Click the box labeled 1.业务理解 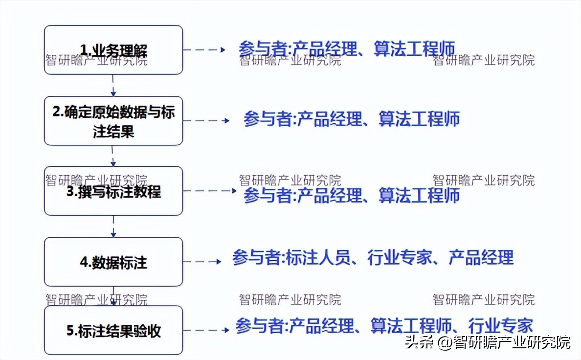pos(113,50)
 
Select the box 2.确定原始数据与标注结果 pos(113,121)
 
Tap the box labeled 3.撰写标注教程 pos(113,191)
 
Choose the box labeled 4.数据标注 pos(113,262)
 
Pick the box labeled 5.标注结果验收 pos(113,331)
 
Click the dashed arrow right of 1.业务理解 pos(204,50)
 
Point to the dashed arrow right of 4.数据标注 pos(202,262)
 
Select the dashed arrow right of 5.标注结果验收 pos(206,330)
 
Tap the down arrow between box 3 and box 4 pos(113,226)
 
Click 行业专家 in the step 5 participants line pos(500,326)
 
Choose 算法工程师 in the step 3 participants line pos(419,196)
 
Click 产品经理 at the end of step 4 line pos(481,258)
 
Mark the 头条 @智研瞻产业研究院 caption pos(487,342)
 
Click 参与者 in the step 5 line pos(259,326)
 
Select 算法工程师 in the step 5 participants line pos(411,326)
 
